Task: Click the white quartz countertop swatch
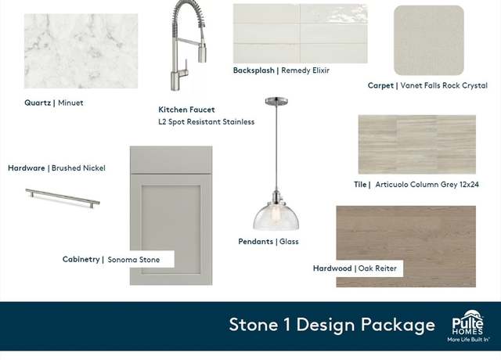(x=81, y=51)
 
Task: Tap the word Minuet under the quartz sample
(x=70, y=103)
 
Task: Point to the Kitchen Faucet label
(x=186, y=110)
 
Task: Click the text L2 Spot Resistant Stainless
(x=207, y=122)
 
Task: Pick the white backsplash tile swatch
(x=300, y=34)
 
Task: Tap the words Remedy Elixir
(x=305, y=70)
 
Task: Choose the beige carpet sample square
(x=429, y=40)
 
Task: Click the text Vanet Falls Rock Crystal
(x=444, y=85)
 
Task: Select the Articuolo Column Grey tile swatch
(x=417, y=144)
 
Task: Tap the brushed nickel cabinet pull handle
(x=63, y=198)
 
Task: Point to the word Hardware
(x=27, y=168)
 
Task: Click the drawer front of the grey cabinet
(x=171, y=160)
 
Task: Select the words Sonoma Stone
(x=134, y=260)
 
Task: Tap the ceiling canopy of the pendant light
(x=276, y=101)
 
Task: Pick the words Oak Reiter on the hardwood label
(x=377, y=268)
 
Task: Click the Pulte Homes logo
(x=468, y=326)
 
